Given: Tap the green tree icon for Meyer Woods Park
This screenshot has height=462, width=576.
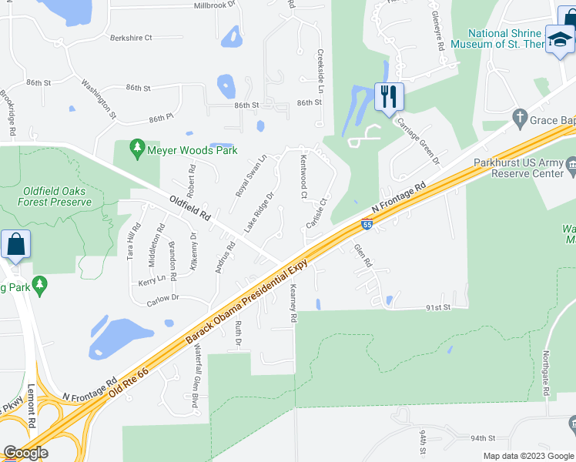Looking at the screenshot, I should (137, 146).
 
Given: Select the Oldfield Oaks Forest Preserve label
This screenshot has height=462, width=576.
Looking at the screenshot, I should (56, 196).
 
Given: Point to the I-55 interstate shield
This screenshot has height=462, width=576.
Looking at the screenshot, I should (367, 225).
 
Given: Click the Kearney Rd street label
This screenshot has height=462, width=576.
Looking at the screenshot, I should (293, 302).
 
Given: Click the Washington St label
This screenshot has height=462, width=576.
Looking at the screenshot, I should (98, 100).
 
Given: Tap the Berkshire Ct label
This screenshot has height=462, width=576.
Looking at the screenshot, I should (131, 37).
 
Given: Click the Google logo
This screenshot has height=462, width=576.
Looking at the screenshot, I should (25, 453).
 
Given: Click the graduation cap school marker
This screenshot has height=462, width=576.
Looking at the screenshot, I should (559, 39).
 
